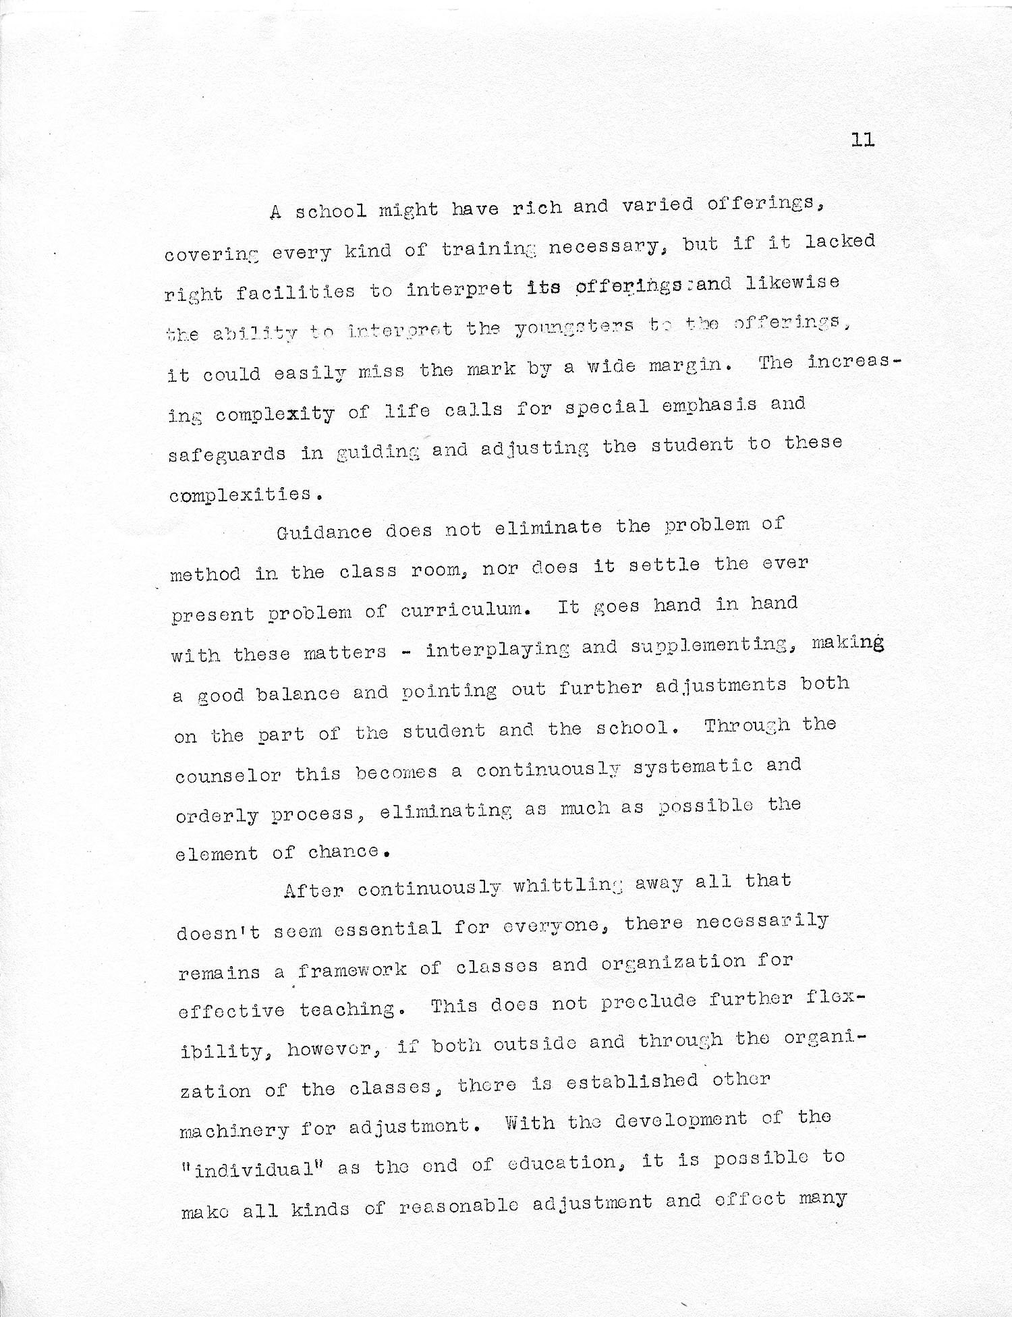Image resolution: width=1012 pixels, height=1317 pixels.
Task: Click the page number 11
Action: (x=863, y=140)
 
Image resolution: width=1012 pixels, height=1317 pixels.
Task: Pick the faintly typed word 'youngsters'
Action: (x=575, y=327)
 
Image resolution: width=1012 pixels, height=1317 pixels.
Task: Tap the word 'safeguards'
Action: (x=227, y=453)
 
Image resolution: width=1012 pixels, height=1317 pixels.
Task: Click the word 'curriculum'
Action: (x=462, y=611)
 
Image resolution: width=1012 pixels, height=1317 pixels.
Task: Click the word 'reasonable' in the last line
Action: (x=459, y=1206)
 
